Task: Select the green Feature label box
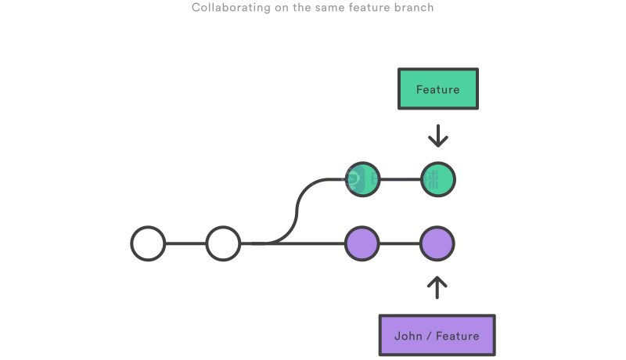437,89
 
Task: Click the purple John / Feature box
437,336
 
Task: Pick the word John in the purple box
408,336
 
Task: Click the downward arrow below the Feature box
437,135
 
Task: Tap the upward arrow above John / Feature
437,286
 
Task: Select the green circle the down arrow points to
437,179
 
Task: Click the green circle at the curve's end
362,179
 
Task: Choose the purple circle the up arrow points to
437,243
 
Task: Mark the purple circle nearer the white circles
362,243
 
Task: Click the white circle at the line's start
148,243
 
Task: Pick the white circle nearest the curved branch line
223,243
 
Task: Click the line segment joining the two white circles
185,243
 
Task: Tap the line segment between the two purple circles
400,243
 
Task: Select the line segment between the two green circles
400,179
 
